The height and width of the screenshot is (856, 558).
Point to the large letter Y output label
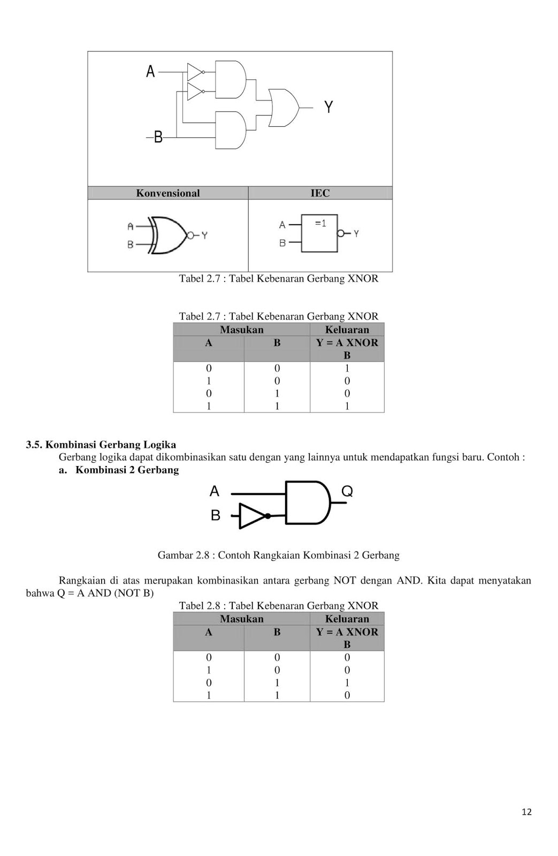pos(328,108)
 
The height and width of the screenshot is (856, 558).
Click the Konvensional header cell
pos(168,193)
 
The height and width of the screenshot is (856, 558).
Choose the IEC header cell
pos(320,193)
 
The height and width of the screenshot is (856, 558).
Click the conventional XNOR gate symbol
pos(169,235)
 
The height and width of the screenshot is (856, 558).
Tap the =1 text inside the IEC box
pos(320,223)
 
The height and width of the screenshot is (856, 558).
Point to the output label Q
pos(347,491)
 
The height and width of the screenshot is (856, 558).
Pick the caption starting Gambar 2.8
pos(278,555)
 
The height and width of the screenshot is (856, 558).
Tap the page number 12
pos(526,812)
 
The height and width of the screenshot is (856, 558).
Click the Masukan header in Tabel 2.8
pos(241,619)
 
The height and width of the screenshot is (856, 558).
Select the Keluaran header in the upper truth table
pos(347,330)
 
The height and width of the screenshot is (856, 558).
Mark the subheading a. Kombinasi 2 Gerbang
pos(119,470)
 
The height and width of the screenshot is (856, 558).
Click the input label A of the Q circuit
pos(215,491)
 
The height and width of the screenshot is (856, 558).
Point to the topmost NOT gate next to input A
pos(195,71)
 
